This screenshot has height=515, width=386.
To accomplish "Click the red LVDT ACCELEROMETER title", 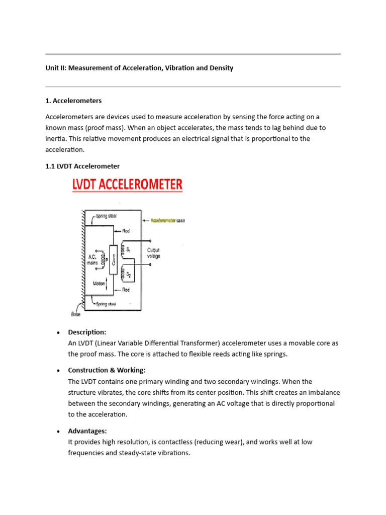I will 126,185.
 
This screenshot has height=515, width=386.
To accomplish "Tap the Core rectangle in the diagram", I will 113,261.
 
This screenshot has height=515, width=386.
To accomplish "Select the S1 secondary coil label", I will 128,249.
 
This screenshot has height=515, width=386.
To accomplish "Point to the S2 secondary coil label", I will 129,275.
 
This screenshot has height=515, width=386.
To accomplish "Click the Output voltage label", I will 153,252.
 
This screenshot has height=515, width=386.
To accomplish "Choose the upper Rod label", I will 126,231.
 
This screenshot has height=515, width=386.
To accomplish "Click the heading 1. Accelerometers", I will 73,101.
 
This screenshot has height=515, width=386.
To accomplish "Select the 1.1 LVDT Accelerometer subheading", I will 82,166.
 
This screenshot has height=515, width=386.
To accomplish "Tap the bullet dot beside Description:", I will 58,332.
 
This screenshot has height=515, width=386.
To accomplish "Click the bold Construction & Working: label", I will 107,370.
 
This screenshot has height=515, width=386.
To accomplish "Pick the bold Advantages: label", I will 87,431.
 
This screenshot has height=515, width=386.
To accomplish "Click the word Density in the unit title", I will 220,68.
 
